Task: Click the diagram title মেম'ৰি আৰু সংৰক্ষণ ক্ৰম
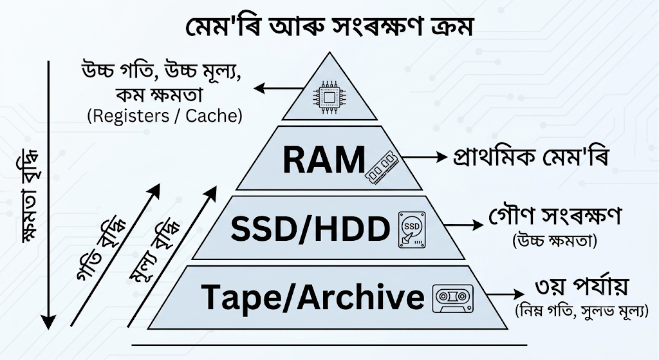tap(329, 27)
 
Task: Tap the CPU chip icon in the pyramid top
tap(329, 99)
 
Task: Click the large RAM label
tap(324, 160)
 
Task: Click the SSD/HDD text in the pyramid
tap(311, 229)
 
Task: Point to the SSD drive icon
tap(412, 230)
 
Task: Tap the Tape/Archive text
tap(313, 297)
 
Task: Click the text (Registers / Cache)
tap(165, 116)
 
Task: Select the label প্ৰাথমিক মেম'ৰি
tap(531, 158)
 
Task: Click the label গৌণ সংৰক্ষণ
tap(555, 216)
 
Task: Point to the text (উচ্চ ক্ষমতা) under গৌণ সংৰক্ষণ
tap(555, 241)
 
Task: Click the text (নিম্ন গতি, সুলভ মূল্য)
tap(582, 311)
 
